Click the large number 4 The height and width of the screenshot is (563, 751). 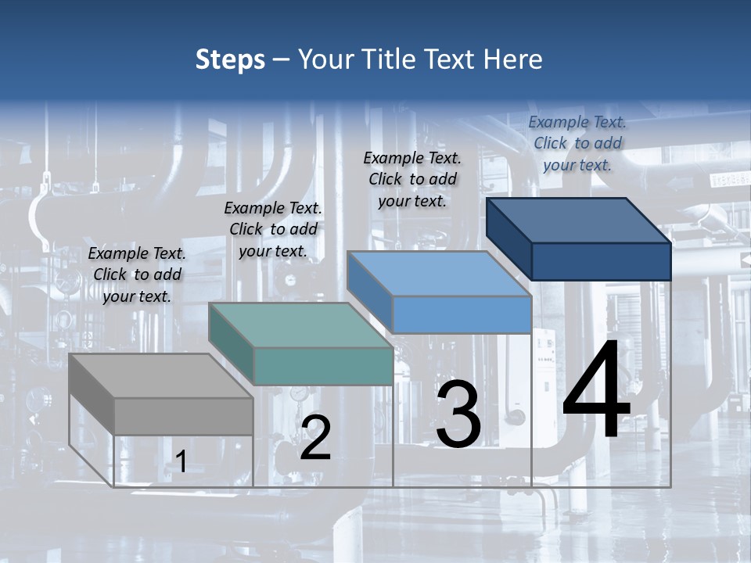point(596,391)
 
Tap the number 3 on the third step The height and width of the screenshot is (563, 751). point(458,414)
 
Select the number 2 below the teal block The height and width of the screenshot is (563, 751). point(315,438)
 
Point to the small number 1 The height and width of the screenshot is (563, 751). point(181,461)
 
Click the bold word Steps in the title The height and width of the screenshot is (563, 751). point(230,59)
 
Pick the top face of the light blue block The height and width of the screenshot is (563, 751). point(439,274)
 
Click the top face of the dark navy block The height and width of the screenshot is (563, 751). point(578,221)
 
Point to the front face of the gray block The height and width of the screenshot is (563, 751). point(184,416)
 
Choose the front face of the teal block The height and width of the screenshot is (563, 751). point(323,366)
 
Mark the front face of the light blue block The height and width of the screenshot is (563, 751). point(462,314)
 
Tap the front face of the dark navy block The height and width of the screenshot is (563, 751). point(601,261)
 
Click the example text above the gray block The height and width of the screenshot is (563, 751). point(137,275)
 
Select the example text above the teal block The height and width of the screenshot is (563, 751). point(273,230)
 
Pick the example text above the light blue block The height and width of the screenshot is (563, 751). point(412,180)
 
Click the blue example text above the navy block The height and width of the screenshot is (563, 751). point(577,143)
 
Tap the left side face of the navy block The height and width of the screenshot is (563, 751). point(508,238)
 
